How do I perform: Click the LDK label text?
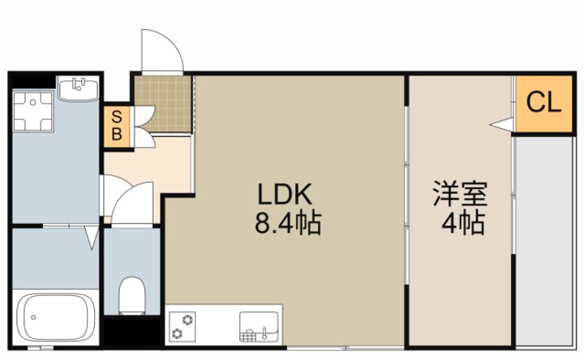[285, 194]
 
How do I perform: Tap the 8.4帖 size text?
[288, 223]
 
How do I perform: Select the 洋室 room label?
[460, 194]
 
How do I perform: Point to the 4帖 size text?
[463, 223]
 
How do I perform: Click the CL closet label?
[543, 102]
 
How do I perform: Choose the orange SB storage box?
[117, 126]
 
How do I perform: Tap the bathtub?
[56, 317]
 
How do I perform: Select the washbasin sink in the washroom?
[79, 88]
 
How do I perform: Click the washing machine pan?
[32, 111]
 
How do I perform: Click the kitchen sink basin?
[259, 327]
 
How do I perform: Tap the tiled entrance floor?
[163, 105]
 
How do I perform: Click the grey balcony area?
[544, 242]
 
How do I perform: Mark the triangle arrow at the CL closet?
[502, 124]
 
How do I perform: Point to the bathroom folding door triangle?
[92, 237]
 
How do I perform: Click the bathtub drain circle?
[33, 318]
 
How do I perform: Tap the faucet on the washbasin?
[78, 84]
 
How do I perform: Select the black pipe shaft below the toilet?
[132, 331]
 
